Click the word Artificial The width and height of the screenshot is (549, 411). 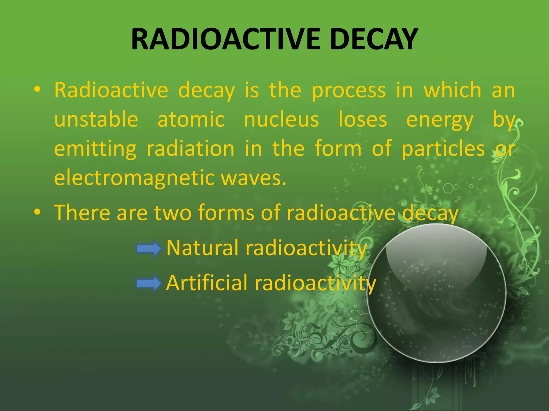[206, 283]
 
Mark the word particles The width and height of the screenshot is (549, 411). [443, 149]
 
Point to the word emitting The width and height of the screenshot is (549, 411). [95, 149]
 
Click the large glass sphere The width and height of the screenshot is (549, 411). [436, 293]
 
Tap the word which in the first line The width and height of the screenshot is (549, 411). [452, 90]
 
